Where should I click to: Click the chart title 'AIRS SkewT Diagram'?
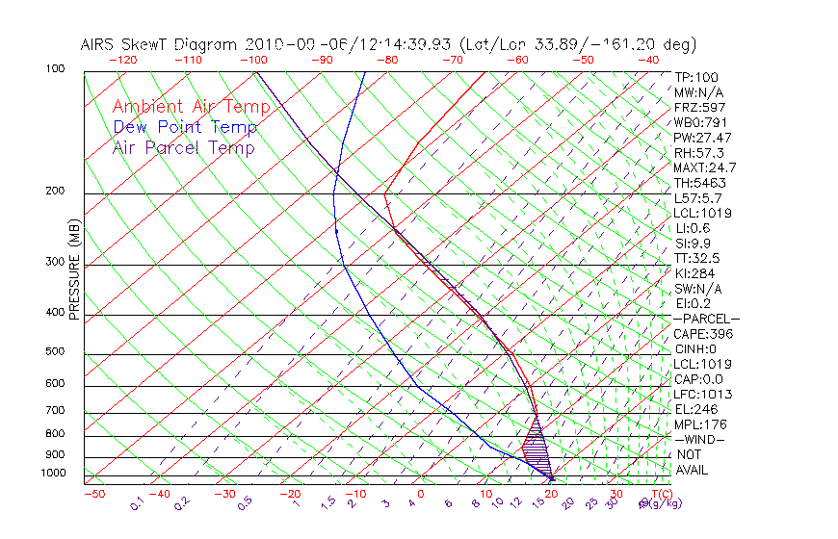point(159,45)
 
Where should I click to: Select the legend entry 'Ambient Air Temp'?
point(192,107)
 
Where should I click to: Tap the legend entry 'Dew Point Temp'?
point(185,127)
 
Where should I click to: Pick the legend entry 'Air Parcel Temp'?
point(184,147)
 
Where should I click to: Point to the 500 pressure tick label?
point(55,351)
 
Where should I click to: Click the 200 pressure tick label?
point(55,192)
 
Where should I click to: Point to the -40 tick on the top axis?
point(649,60)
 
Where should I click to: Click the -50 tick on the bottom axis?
point(93,495)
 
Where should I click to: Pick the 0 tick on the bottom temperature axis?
point(422,495)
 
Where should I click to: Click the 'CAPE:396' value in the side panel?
point(702,334)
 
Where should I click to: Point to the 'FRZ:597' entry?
point(699,107)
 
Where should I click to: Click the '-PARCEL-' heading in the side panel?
point(706,319)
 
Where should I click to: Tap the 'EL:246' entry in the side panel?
point(696,409)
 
